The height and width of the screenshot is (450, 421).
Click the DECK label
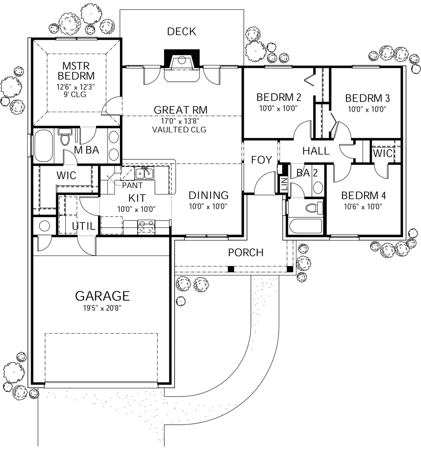tap(181, 32)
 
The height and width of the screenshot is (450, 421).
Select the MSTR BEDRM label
tap(76, 71)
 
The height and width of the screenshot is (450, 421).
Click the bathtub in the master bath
tap(43, 146)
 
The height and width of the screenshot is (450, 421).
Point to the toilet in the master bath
tap(65, 137)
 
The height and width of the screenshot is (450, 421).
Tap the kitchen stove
tap(147, 227)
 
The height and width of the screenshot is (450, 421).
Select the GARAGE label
tap(102, 295)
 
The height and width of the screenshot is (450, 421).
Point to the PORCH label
tap(245, 253)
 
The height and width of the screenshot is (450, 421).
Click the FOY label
tap(261, 160)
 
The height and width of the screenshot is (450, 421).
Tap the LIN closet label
tap(284, 183)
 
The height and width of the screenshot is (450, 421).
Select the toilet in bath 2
tap(313, 207)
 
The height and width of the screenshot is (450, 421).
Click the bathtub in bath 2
tap(305, 226)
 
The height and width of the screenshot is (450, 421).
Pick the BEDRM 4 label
tap(364, 196)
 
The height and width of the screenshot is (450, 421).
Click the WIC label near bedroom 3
tap(382, 154)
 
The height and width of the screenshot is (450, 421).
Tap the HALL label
tap(316, 151)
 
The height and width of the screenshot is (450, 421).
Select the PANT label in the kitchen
tap(132, 185)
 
